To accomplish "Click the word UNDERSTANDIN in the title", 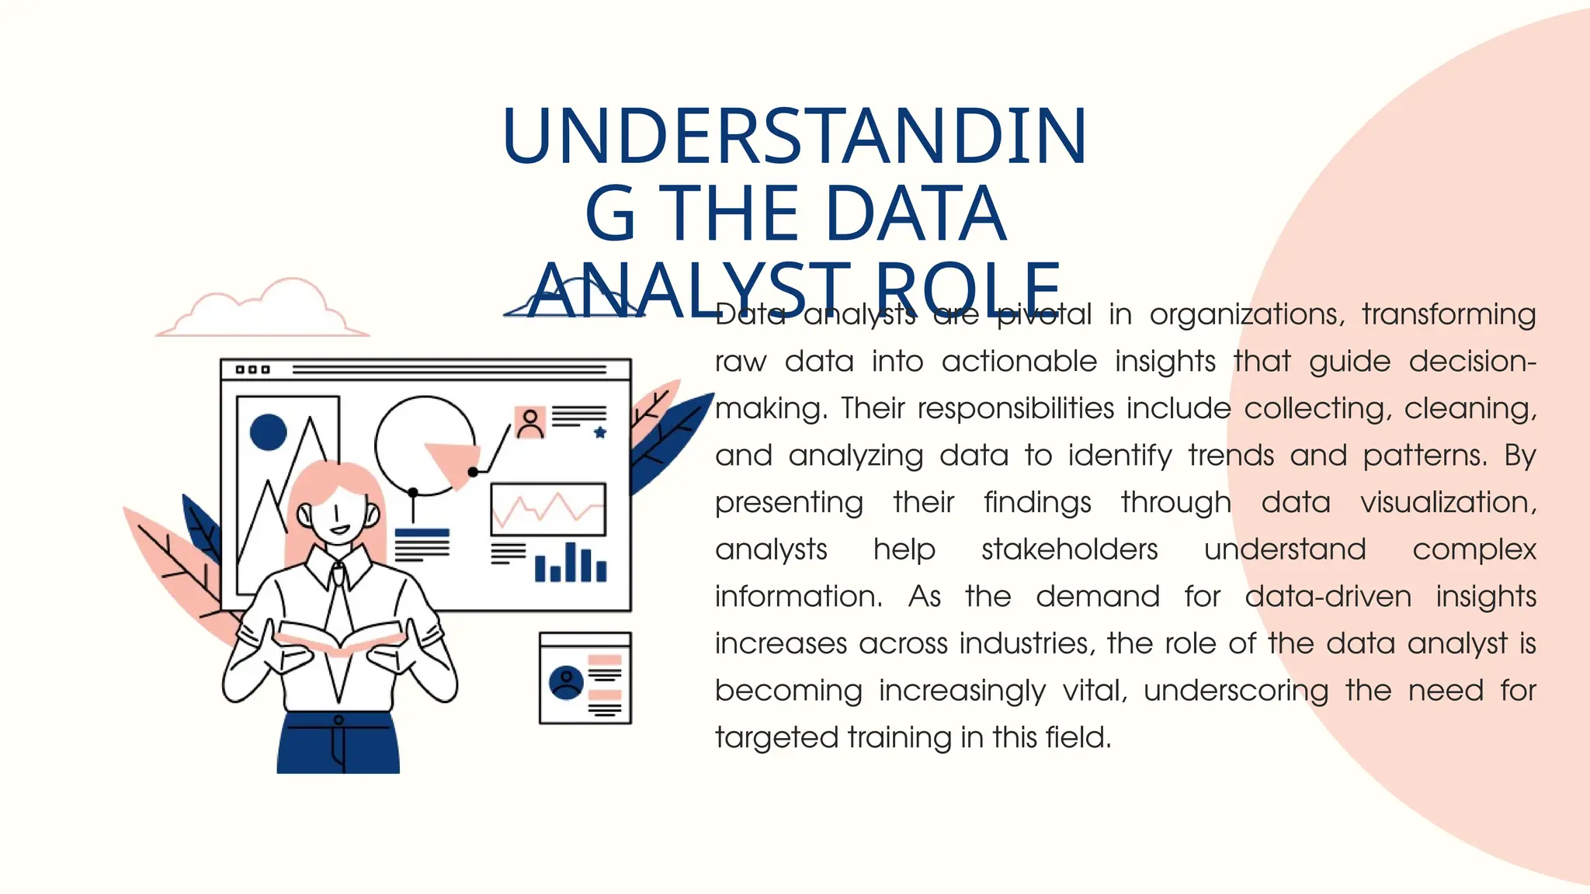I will tap(793, 137).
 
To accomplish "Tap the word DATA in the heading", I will tap(915, 213).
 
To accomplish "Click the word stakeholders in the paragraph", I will tap(1069, 549).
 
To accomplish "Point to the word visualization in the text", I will tap(1448, 503).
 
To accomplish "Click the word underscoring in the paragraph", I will tap(1236, 691).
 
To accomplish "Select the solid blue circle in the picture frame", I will tap(269, 432).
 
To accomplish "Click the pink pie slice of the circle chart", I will tap(453, 461).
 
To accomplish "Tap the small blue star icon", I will tap(600, 432).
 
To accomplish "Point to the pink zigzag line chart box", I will tap(548, 509).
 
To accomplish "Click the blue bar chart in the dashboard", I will tap(571, 563).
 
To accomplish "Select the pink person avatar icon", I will tap(530, 422).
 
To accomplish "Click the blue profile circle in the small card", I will tap(566, 682).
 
